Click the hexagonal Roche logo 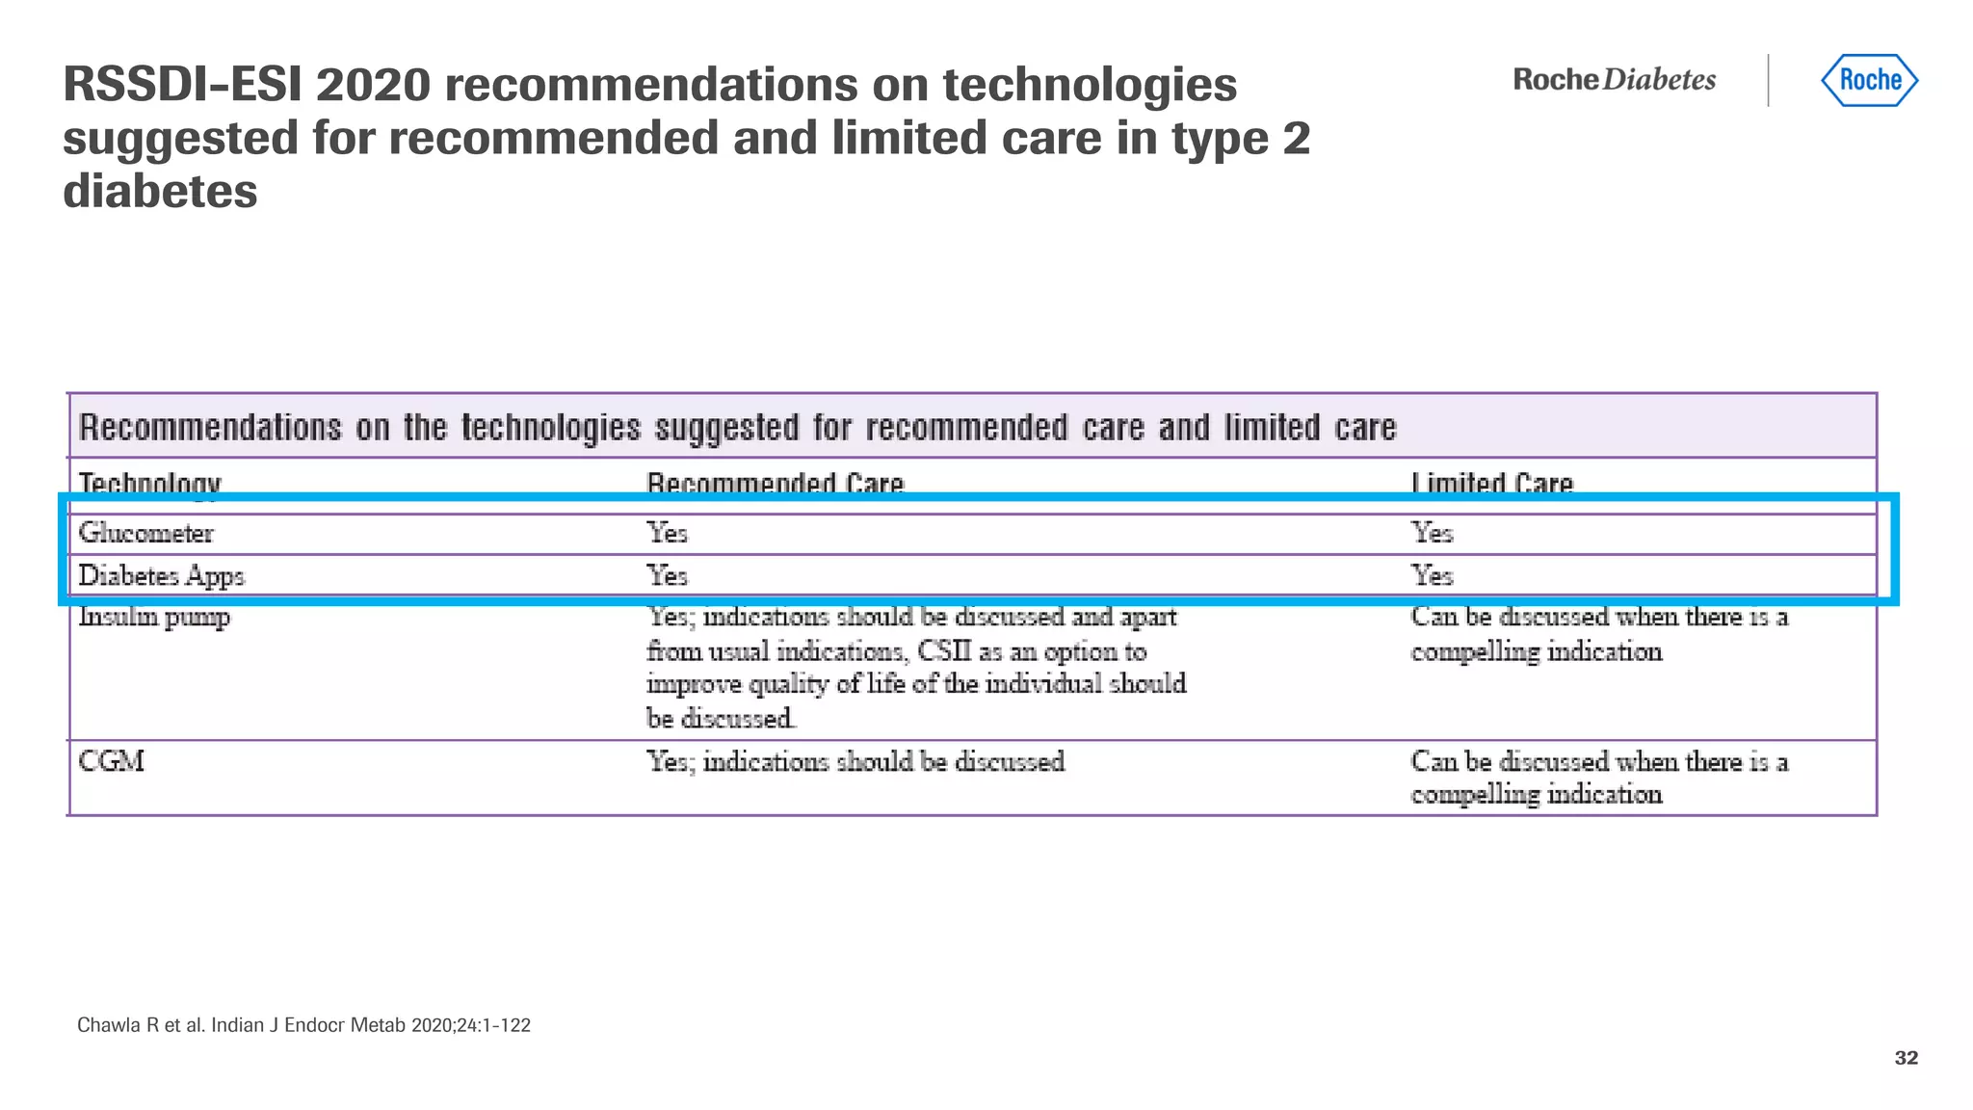coord(1869,80)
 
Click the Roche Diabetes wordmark coord(1614,80)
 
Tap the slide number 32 coord(1906,1058)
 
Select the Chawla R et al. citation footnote coord(303,1025)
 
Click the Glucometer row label coord(145,533)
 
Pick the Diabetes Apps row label coord(161,575)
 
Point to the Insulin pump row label coord(154,617)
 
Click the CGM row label coord(111,761)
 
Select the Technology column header coord(149,482)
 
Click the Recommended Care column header coord(775,482)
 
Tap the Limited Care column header coord(1491,482)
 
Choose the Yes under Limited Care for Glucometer coord(1432,533)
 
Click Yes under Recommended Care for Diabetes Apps coord(667,575)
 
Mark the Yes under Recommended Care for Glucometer coord(667,533)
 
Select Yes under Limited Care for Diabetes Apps coord(1432,575)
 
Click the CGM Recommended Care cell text coord(855,761)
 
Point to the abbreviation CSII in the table coord(943,651)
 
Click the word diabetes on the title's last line coord(160,191)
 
